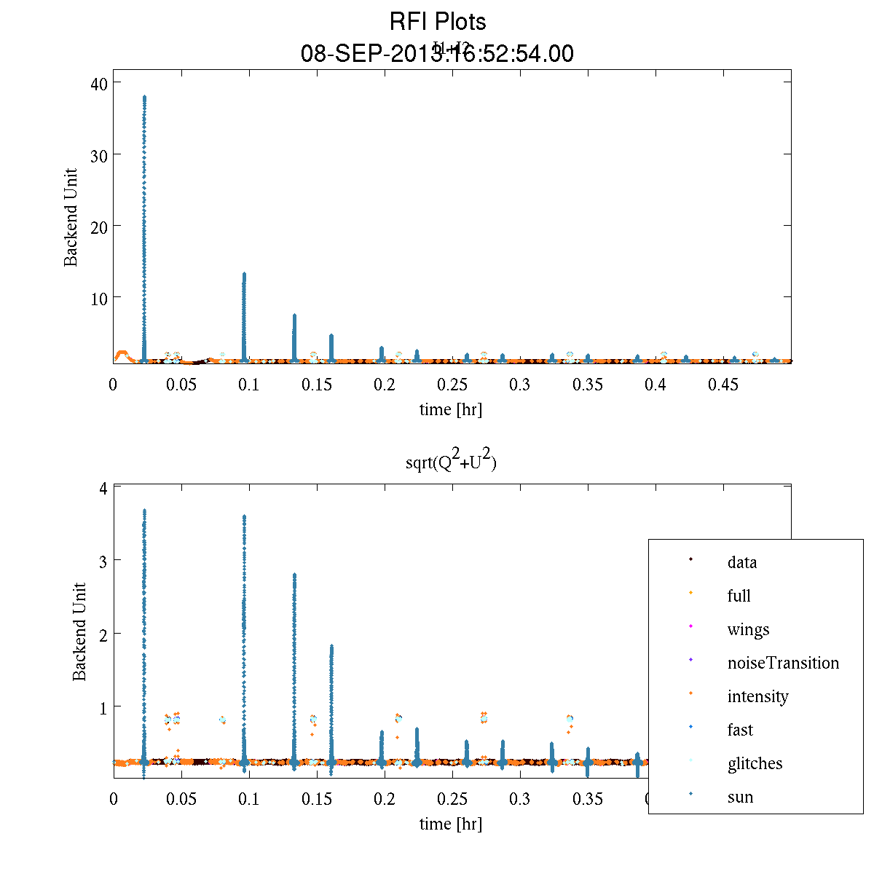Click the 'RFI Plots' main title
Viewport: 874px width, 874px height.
click(x=437, y=22)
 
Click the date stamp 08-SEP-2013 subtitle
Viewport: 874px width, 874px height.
click(x=437, y=54)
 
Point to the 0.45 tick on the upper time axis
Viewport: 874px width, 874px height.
click(x=723, y=385)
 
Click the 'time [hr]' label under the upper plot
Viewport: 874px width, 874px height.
click(x=450, y=409)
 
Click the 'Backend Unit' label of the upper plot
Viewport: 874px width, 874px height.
click(x=71, y=218)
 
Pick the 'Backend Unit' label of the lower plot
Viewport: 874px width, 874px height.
click(x=79, y=631)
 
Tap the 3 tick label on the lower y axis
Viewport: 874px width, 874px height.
click(x=104, y=561)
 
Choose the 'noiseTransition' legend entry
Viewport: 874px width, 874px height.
click(x=783, y=663)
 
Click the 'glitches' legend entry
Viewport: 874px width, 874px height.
click(x=755, y=763)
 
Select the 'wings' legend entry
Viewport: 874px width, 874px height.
click(x=748, y=629)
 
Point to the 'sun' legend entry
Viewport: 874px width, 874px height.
click(x=740, y=797)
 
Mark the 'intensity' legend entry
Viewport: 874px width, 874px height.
click(x=757, y=696)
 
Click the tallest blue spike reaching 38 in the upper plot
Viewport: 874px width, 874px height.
click(x=144, y=219)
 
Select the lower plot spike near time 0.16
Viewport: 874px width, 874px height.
click(x=331, y=699)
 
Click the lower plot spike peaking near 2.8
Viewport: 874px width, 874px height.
click(x=294, y=655)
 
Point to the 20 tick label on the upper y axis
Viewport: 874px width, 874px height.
click(x=99, y=227)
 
